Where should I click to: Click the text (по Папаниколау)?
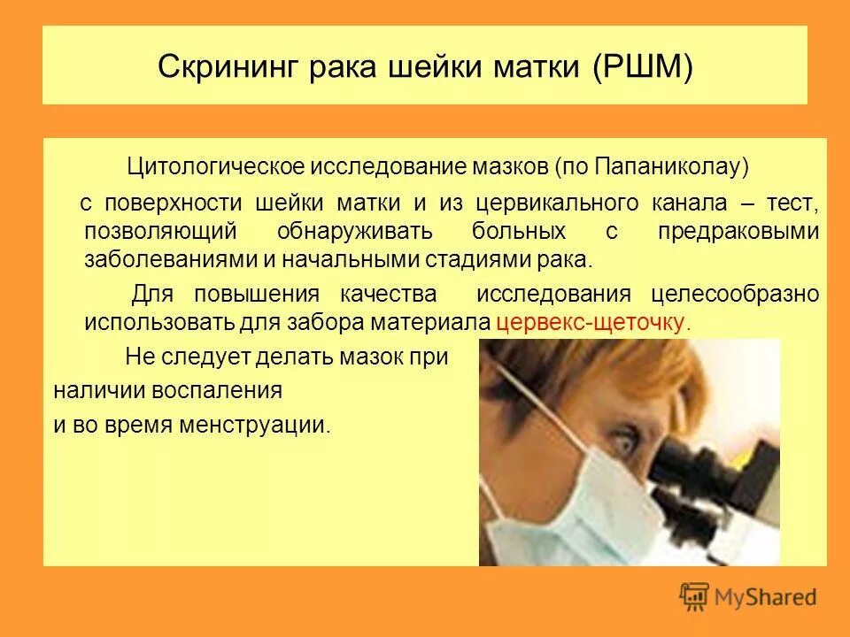coord(652,166)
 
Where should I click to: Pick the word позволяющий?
coord(160,232)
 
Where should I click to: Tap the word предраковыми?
coord(738,232)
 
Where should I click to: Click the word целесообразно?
coord(736,294)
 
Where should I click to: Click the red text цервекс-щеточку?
coord(593,322)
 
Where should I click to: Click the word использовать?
coord(158,322)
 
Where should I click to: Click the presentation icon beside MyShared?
coord(696,596)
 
